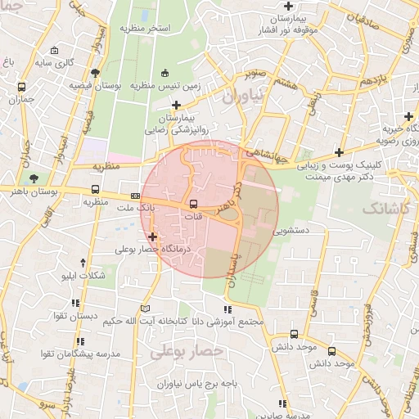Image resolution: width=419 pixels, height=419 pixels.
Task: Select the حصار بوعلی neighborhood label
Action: pos(187,350)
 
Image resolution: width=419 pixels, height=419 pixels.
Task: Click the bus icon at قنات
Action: pos(193,204)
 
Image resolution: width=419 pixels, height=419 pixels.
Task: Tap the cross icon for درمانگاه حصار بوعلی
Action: pos(152,237)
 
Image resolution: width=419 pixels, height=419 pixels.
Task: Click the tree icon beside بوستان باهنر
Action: pos(34,178)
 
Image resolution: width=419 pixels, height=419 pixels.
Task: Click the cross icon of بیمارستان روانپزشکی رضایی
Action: pos(177,105)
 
